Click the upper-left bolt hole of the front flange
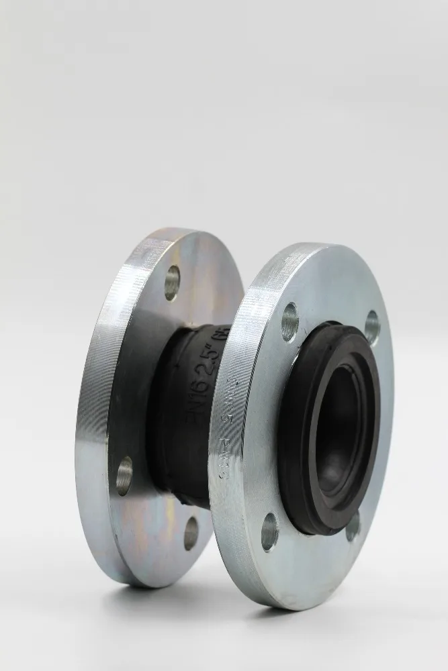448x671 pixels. [x=290, y=322]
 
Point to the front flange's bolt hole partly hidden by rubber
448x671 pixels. [x=353, y=527]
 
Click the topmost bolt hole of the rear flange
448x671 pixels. [x=173, y=282]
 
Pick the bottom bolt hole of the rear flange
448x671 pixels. [x=191, y=533]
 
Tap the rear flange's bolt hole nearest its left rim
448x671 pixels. [x=125, y=475]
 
